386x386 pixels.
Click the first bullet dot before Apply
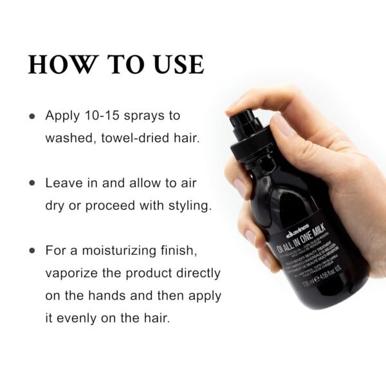[x=32, y=116]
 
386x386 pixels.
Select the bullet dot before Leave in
[x=32, y=183]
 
